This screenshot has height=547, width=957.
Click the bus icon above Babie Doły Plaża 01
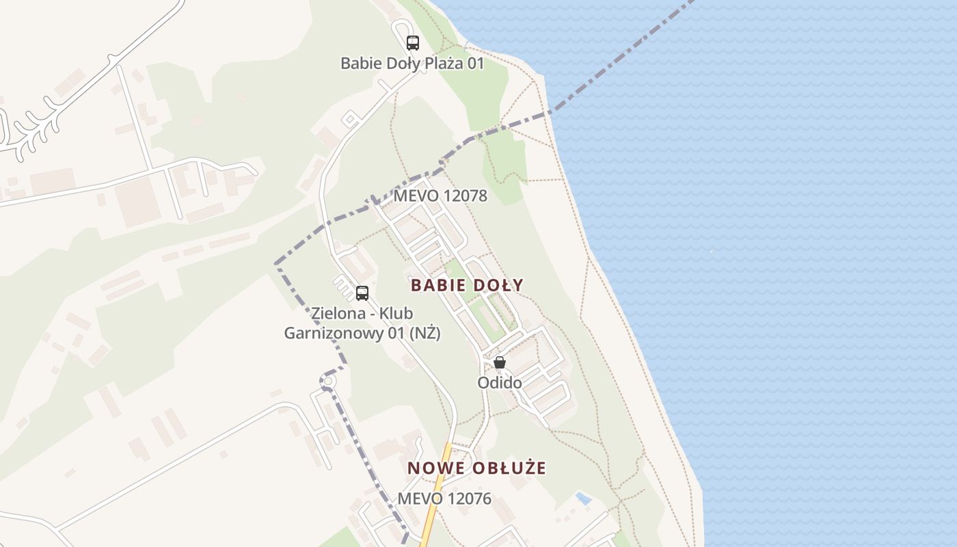click(x=413, y=43)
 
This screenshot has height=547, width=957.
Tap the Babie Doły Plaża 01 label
click(x=412, y=64)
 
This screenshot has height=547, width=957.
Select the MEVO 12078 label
click(x=440, y=196)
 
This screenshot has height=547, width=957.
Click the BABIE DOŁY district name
click(x=468, y=285)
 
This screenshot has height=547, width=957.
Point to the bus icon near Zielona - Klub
click(x=362, y=293)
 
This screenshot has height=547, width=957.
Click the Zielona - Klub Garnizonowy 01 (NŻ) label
click(x=362, y=323)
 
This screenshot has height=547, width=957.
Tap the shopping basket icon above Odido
click(x=500, y=362)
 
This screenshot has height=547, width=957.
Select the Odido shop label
click(x=500, y=383)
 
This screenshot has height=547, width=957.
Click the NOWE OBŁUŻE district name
click(x=477, y=468)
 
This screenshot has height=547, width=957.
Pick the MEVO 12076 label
click(x=444, y=499)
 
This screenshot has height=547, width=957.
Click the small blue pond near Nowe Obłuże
click(x=583, y=498)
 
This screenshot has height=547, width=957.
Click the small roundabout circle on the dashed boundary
click(x=327, y=381)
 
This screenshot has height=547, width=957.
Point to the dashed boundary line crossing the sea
click(x=615, y=65)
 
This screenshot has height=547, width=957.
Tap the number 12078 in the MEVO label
click(x=465, y=196)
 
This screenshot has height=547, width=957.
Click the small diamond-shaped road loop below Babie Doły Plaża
click(x=351, y=120)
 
